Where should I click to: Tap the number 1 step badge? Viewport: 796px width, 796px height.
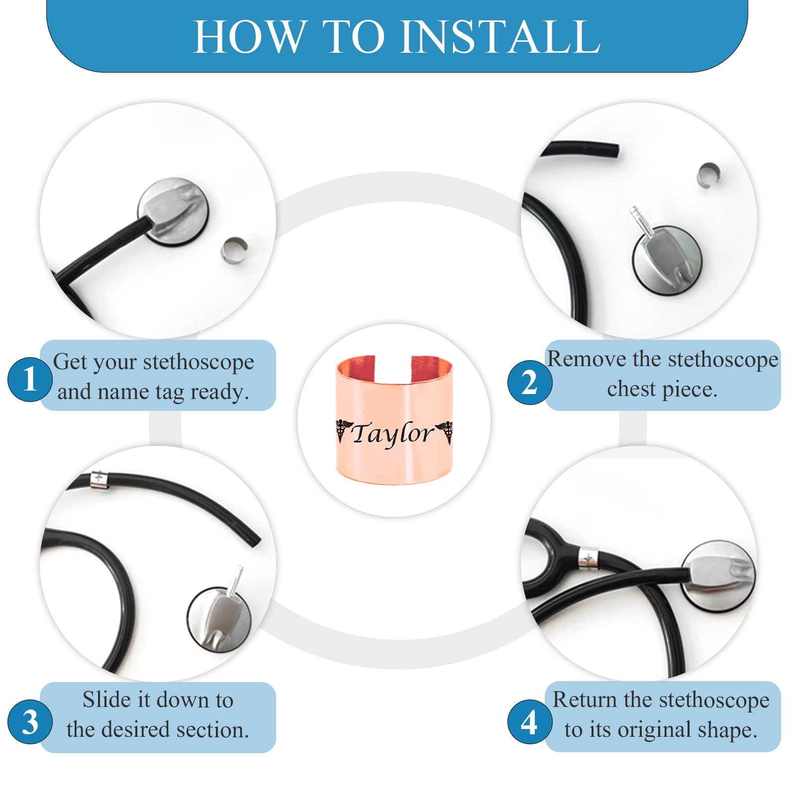(x=30, y=380)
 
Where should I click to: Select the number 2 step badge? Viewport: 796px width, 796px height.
(x=530, y=382)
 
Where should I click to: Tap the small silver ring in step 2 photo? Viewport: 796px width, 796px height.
(x=708, y=176)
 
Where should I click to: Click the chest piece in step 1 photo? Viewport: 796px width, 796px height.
(x=173, y=211)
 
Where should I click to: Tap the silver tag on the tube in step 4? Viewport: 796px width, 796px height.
(x=589, y=558)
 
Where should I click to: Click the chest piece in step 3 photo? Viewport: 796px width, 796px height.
(x=219, y=617)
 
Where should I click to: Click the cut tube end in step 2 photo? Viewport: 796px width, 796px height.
(x=616, y=150)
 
